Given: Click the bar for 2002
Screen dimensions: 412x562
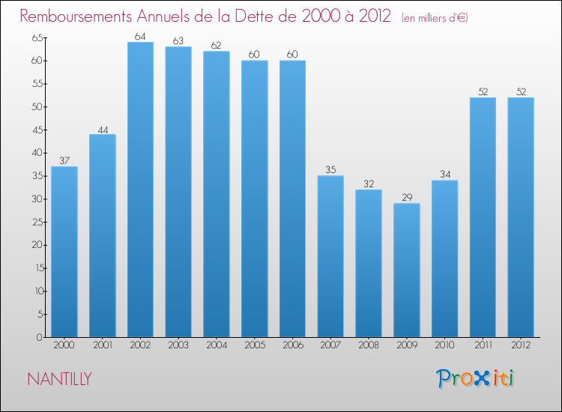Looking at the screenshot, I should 140,190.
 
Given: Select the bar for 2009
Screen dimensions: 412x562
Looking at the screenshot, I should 406,270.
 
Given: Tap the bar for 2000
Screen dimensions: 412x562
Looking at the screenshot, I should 64,252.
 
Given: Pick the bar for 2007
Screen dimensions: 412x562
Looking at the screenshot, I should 330,256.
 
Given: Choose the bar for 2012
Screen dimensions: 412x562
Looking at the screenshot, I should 520,217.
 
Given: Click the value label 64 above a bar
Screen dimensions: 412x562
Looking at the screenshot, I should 140,36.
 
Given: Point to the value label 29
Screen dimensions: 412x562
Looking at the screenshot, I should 406,197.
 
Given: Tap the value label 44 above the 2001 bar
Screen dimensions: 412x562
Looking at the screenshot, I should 103,128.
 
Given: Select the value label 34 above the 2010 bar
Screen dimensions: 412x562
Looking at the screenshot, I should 444,174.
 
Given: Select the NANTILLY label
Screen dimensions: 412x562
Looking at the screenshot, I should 59,379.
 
